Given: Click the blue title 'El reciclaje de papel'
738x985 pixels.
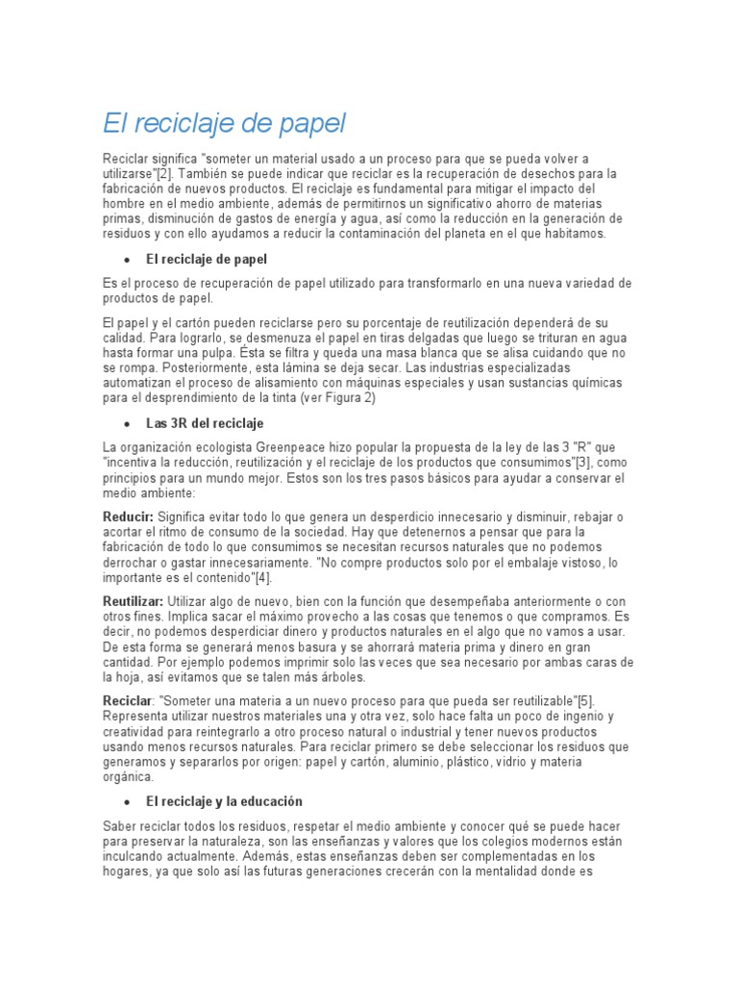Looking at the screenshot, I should click(223, 124).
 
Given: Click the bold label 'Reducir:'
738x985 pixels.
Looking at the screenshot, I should click(128, 518).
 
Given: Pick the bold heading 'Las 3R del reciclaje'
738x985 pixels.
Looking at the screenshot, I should click(205, 423).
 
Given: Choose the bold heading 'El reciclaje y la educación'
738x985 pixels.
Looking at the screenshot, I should click(224, 801).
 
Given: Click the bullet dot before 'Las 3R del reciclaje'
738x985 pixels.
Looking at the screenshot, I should click(127, 424).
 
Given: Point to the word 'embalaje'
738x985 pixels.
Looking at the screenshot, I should click(515, 563).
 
